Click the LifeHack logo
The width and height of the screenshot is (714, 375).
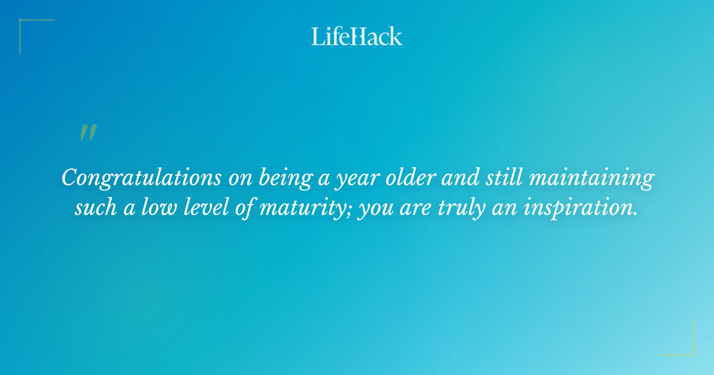point(357,36)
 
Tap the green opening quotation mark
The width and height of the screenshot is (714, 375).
point(87,133)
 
